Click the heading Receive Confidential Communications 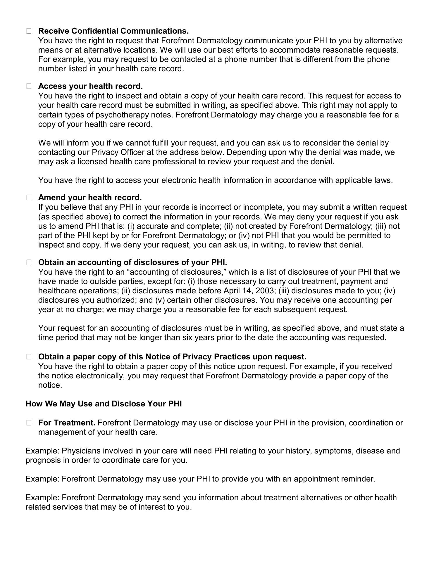tap(113, 31)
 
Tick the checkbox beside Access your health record tap(29, 86)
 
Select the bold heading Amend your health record tap(90, 198)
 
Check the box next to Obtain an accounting tap(29, 262)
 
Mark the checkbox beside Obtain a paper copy tap(29, 357)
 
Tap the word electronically tap(100, 376)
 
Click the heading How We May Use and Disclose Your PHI tap(104, 404)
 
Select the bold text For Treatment tap(67, 423)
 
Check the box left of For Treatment tap(29, 423)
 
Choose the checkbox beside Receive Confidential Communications tap(29, 31)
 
